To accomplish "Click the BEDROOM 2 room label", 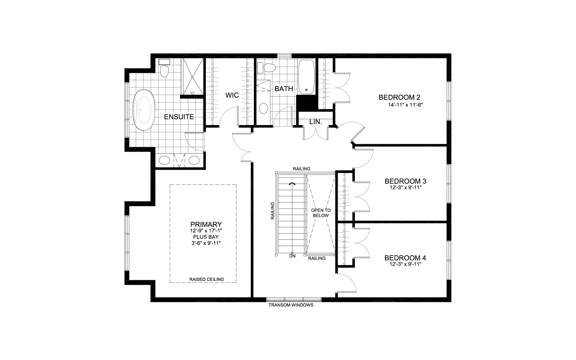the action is click(399, 97).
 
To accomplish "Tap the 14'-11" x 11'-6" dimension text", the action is click(406, 105).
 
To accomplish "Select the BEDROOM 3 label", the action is click(405, 181).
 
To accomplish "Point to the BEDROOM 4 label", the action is click(405, 258).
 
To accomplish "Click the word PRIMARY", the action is click(206, 224).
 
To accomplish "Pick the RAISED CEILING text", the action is click(207, 279).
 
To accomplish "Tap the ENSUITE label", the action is click(179, 117).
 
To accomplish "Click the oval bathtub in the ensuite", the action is click(144, 110).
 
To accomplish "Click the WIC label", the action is click(232, 95).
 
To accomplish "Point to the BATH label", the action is click(284, 89).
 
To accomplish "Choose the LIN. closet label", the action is click(315, 122).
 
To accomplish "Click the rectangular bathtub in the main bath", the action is click(306, 77).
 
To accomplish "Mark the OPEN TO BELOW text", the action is click(321, 213).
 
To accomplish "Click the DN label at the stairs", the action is click(292, 256).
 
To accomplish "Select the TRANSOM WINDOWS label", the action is click(291, 305).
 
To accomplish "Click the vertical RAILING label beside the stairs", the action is click(273, 211).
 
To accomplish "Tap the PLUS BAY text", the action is click(206, 237).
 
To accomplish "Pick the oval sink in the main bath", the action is click(263, 108).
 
